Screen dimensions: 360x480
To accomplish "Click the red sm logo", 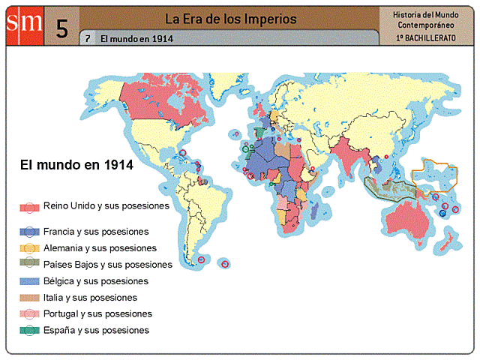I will coord(25,24).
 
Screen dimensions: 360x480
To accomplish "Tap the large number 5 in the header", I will coord(62,28).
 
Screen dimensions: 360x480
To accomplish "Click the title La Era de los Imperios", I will coord(230,19).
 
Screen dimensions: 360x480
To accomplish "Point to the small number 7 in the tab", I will coord(88,38).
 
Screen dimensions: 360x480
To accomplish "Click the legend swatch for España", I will coord(29,331).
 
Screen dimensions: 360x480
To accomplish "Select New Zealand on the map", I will coord(451,241).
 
